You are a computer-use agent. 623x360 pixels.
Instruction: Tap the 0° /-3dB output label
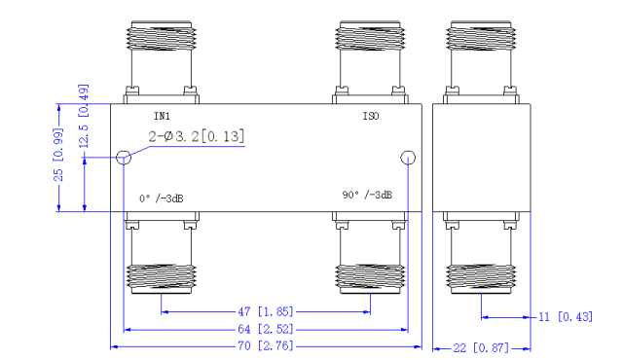[161, 198]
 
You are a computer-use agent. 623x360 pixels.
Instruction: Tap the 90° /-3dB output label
[367, 195]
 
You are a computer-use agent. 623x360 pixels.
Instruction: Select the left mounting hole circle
[124, 158]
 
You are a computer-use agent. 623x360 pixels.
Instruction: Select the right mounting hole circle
[407, 159]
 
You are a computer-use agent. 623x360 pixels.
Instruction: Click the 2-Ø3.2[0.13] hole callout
[196, 136]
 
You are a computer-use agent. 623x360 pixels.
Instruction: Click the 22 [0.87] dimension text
[481, 347]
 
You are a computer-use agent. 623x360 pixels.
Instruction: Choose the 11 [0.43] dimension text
[566, 317]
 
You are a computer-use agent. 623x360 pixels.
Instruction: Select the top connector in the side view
[481, 54]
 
